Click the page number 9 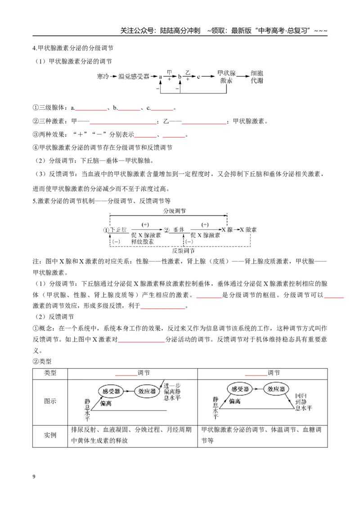click(34, 477)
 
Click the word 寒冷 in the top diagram click(103, 76)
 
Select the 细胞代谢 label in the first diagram click(256, 77)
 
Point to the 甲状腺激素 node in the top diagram click(226, 77)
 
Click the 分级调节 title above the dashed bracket click(175, 211)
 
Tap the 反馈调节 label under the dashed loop click(183, 250)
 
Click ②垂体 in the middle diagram click(174, 230)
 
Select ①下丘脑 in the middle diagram click(115, 230)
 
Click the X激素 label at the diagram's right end click(248, 230)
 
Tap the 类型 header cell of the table click(50, 373)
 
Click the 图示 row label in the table click(50, 401)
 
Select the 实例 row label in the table click(50, 435)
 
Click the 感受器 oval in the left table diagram click(112, 392)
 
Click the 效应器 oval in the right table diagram click(276, 389)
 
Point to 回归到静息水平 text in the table click(303, 402)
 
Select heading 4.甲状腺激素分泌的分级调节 click(73, 48)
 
